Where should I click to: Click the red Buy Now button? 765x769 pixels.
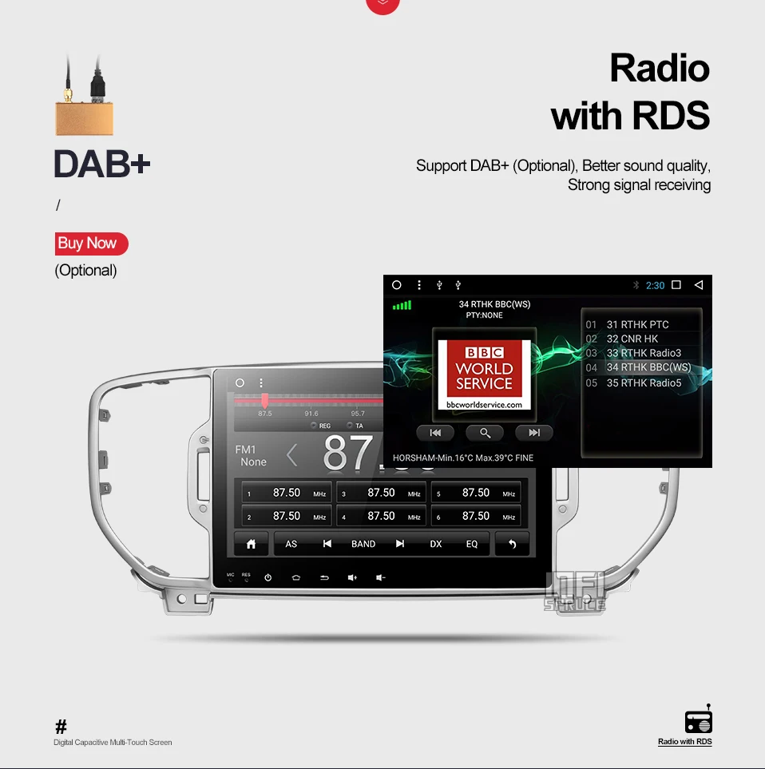tap(90, 244)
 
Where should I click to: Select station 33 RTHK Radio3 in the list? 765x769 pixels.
tap(643, 353)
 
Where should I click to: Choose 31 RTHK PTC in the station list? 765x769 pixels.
tap(637, 324)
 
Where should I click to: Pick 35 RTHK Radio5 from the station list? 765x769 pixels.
tap(644, 383)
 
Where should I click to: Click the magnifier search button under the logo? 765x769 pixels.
tap(485, 433)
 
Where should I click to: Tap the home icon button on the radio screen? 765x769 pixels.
tap(251, 544)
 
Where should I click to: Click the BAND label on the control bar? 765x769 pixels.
tap(363, 544)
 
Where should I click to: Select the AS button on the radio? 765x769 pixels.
tap(291, 544)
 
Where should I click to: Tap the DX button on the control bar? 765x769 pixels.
tap(436, 544)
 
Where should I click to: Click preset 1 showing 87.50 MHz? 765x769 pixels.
tap(286, 494)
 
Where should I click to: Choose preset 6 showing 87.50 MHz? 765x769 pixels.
tap(476, 517)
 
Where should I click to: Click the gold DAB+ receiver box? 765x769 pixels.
tap(84, 117)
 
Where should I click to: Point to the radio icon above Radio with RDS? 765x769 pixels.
tap(698, 721)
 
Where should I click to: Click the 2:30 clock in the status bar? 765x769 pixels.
tap(655, 285)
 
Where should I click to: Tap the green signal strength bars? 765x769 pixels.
tap(402, 305)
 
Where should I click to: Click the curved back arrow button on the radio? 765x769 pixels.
tap(512, 544)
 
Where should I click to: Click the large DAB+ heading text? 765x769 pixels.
tap(101, 165)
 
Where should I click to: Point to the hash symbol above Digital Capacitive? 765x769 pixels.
tap(61, 727)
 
